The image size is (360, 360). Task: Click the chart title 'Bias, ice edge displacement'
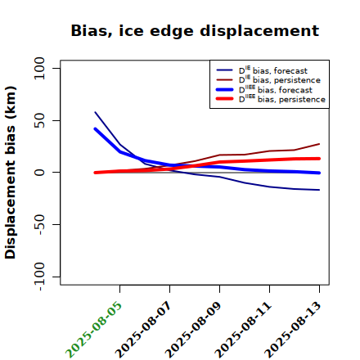[195, 31]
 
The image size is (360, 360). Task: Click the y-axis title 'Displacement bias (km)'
[11, 173]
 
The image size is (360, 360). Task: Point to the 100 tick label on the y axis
[39, 68]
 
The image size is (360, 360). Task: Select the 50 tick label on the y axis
[39, 120]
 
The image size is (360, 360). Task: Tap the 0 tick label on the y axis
[39, 173]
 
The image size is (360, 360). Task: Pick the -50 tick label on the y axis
[39, 224]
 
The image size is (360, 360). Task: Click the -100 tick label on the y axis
[39, 277]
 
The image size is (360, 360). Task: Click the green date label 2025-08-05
[93, 330]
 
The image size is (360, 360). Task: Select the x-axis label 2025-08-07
[143, 330]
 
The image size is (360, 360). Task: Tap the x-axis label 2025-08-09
[193, 330]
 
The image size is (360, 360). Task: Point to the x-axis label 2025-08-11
[243, 330]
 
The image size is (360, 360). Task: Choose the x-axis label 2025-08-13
[293, 330]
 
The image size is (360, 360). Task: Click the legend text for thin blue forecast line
[273, 70]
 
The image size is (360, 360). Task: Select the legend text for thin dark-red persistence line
[280, 79]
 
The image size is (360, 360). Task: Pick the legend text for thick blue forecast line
[276, 89]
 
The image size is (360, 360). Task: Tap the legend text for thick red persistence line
[282, 99]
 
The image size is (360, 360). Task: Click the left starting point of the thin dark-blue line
[95, 112]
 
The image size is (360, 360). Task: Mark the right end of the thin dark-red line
[319, 144]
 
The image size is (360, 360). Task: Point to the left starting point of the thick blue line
[95, 128]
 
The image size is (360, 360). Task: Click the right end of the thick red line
[319, 159]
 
